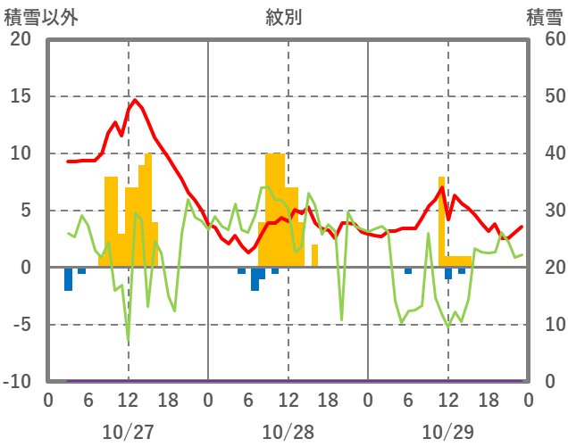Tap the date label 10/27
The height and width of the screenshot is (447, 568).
[x=128, y=433]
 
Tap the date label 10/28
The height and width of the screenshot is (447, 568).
[x=288, y=433]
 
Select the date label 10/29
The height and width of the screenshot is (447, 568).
[x=447, y=433]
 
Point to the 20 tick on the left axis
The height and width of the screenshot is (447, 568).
[x=19, y=39]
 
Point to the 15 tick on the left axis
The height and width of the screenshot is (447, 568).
[x=19, y=96]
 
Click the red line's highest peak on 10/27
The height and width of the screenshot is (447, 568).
[x=134, y=100]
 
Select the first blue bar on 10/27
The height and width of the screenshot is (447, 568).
[x=68, y=278]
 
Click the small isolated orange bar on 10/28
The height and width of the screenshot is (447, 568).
[x=314, y=255]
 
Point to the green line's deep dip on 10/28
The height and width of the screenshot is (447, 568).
[x=341, y=319]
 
